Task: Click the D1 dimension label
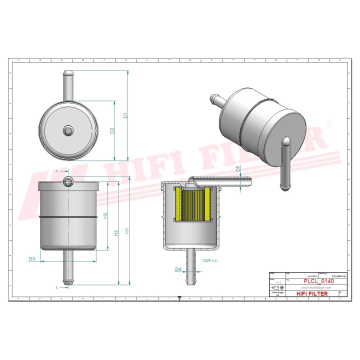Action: point(126,115)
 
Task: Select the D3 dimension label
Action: point(31,259)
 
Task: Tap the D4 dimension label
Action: point(178,269)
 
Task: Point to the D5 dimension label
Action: point(238,169)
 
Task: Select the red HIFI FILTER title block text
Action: point(312,293)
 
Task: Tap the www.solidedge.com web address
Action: point(312,288)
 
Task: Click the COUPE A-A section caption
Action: point(209,260)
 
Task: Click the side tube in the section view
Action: point(220,182)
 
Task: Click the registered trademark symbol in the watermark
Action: point(328,123)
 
